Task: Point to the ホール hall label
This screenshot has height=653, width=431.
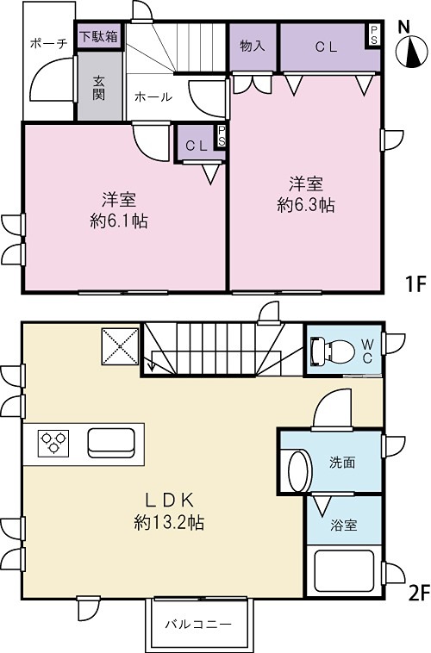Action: [153, 97]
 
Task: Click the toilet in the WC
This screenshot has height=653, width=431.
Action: [331, 351]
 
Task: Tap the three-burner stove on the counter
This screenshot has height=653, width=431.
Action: [52, 443]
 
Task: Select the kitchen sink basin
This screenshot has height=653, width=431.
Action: [110, 443]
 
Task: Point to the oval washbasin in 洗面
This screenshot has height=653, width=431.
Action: [297, 472]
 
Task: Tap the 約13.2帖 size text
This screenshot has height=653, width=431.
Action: [169, 523]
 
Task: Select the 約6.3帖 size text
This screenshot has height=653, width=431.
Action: [306, 206]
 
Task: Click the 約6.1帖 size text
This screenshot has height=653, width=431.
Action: [119, 221]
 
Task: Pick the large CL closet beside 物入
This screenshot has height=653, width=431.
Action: [325, 47]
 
